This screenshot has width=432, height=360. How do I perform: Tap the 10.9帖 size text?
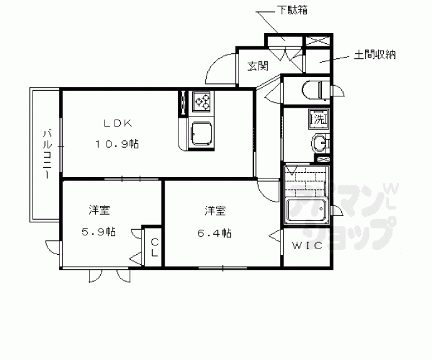pyautogui.click(x=116, y=143)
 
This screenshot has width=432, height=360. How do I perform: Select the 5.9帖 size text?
pyautogui.click(x=98, y=232)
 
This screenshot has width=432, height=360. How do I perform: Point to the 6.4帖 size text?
pyautogui.click(x=215, y=233)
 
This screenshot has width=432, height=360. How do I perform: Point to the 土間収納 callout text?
pyautogui.click(x=374, y=55)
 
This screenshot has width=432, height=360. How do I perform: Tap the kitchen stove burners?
pyautogui.click(x=202, y=101)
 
